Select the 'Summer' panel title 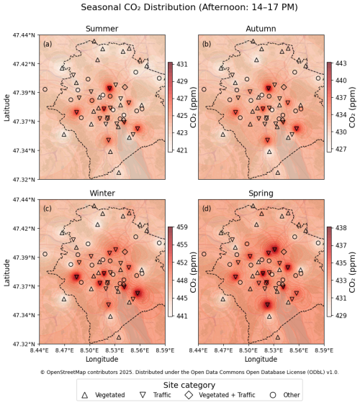[x=102, y=29]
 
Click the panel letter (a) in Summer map [x=48, y=44]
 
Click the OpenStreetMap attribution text [x=189, y=372]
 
